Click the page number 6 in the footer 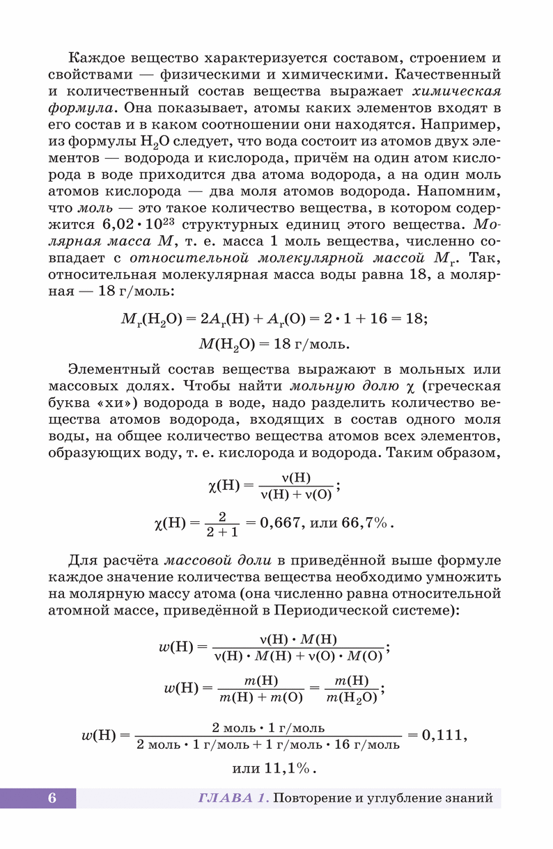[x=52, y=798]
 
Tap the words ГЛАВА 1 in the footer [x=233, y=798]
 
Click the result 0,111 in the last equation [x=440, y=734]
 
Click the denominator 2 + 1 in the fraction [x=222, y=532]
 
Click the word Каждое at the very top [x=96, y=57]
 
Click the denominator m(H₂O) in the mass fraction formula [x=351, y=697]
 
